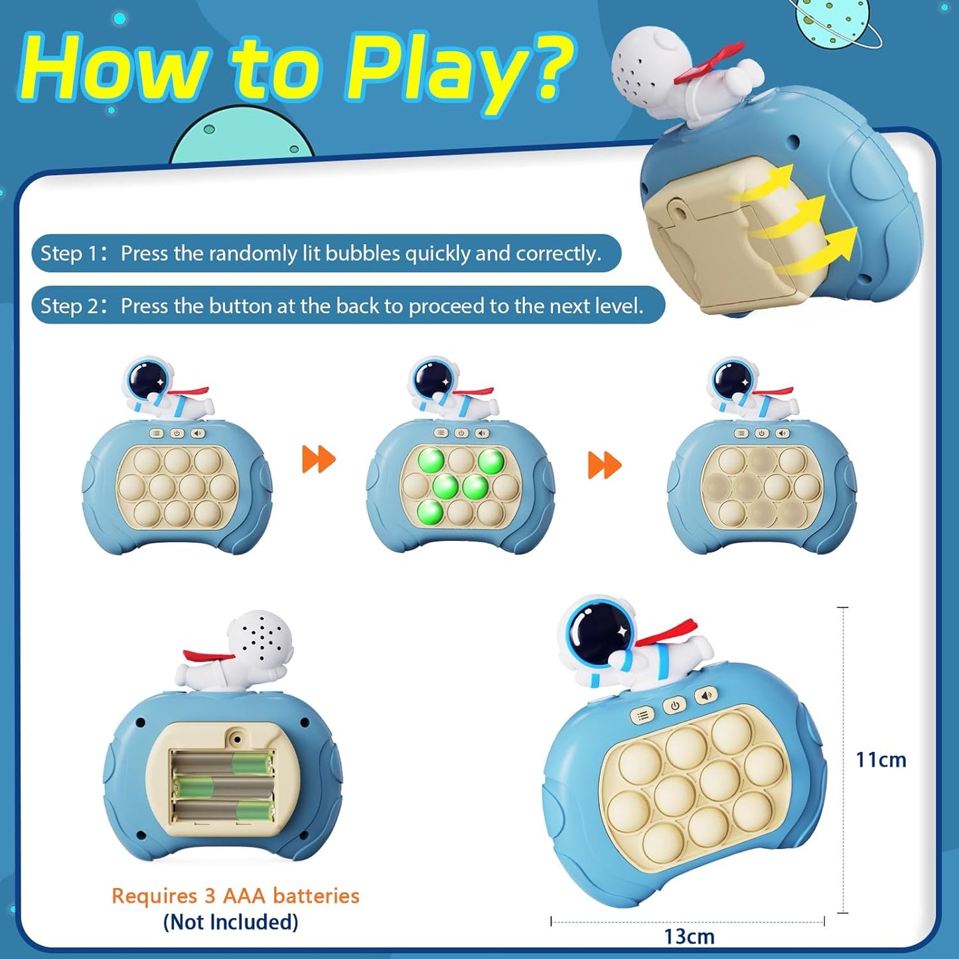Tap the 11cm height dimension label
880,759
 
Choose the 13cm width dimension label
689,936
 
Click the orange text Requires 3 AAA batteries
235,895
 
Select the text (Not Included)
230,922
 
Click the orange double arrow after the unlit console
319,459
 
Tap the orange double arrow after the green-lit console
605,465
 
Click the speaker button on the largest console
706,696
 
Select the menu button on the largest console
642,715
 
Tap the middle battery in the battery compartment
223,787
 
